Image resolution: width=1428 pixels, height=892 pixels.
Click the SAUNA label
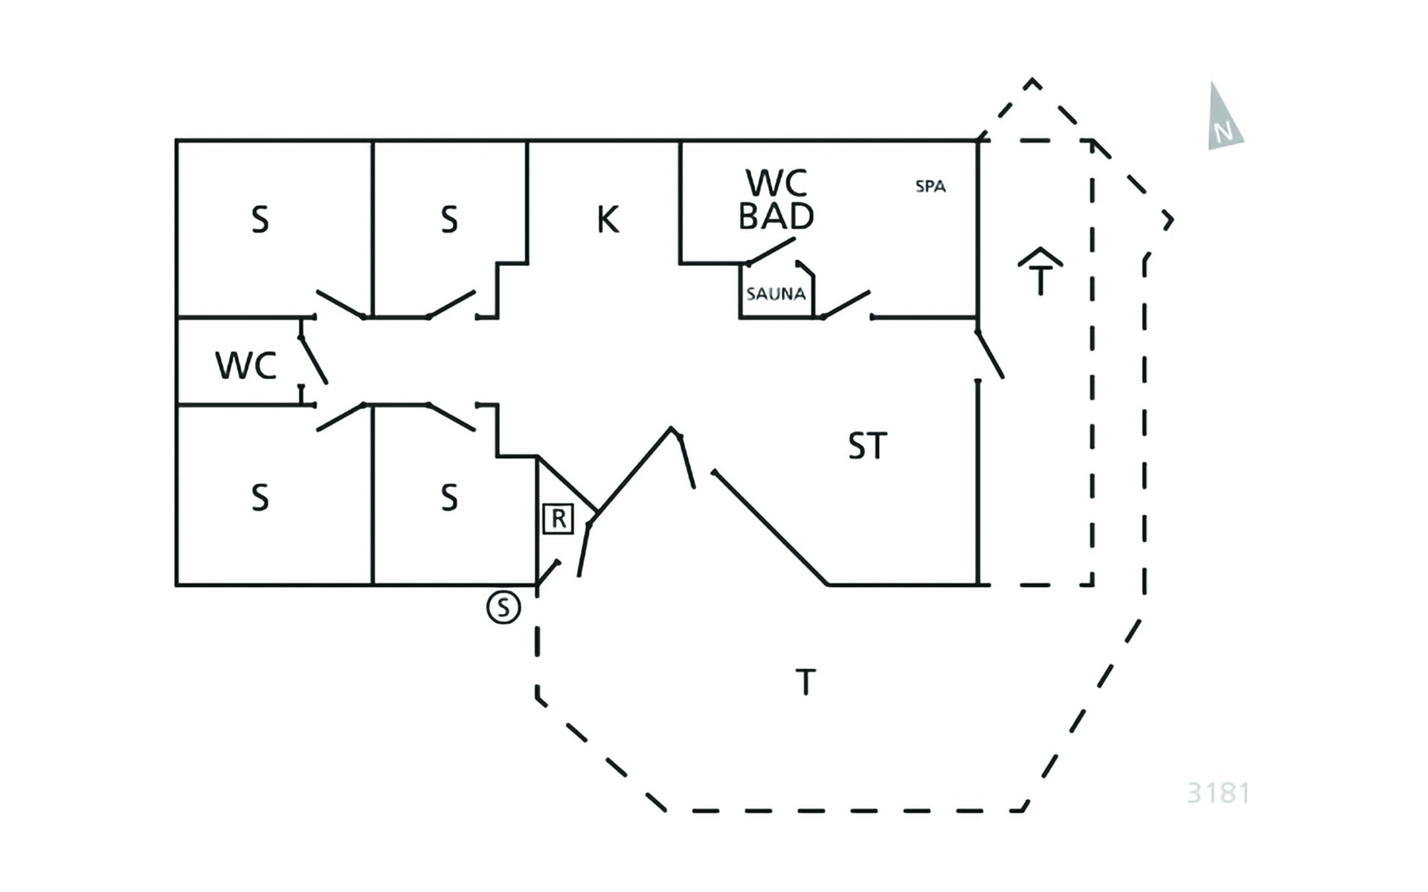click(776, 294)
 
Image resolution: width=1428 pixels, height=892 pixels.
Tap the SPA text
click(930, 187)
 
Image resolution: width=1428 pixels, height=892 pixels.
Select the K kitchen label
click(608, 219)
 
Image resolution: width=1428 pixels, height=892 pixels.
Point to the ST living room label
click(867, 446)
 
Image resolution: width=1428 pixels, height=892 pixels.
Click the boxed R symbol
click(558, 519)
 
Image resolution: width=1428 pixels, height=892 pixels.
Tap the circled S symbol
click(504, 607)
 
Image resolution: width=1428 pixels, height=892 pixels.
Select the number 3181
click(1218, 793)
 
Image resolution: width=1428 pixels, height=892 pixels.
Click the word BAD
click(776, 216)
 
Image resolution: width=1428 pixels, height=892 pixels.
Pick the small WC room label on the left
click(245, 366)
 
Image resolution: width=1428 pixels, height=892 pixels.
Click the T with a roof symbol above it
click(1040, 271)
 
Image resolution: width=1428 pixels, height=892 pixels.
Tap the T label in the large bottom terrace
click(805, 682)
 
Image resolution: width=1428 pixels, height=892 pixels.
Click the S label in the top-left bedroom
click(260, 220)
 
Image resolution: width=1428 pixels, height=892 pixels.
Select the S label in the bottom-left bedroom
click(260, 497)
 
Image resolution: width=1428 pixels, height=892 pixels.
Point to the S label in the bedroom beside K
click(448, 220)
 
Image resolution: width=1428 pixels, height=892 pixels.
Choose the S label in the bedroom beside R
click(448, 497)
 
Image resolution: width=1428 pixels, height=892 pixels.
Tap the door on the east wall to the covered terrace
click(990, 354)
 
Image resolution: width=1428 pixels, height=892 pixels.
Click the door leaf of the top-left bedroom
click(341, 304)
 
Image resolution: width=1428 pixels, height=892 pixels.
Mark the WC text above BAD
click(776, 182)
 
